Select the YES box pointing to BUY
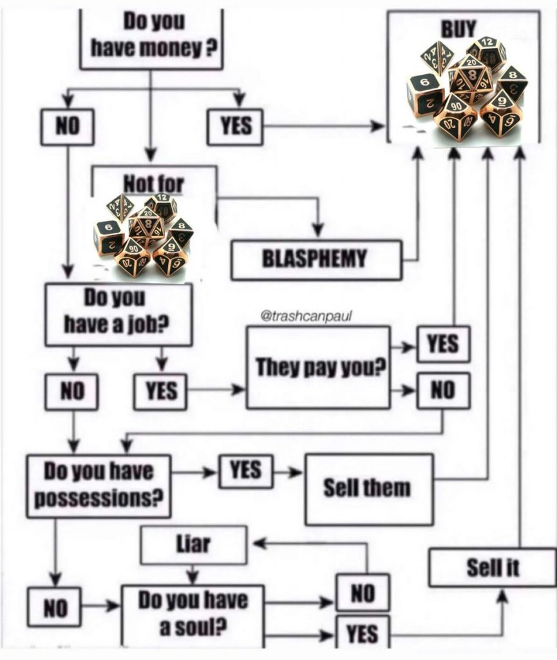[x=236, y=126]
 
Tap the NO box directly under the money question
[x=66, y=126]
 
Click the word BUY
[x=458, y=28]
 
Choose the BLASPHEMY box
[x=316, y=259]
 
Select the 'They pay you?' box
[x=318, y=367]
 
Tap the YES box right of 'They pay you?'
[x=443, y=344]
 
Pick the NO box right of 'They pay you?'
[x=443, y=390]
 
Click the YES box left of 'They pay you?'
[x=160, y=390]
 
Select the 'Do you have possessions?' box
[x=99, y=485]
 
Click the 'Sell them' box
[x=368, y=489]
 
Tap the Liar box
[x=193, y=545]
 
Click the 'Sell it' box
[x=493, y=567]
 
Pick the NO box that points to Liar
[x=363, y=592]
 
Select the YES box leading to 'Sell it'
[x=363, y=634]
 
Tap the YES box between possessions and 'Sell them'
[x=245, y=471]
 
